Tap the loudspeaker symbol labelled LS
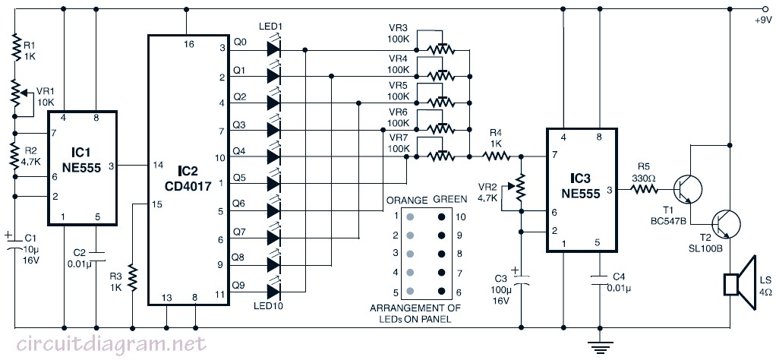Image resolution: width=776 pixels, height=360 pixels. point(739,284)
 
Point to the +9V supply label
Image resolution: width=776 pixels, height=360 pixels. point(762,21)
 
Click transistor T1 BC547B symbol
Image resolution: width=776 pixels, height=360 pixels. point(688,188)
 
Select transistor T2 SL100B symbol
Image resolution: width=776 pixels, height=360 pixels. point(726,224)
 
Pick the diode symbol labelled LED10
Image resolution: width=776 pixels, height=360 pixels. point(273,291)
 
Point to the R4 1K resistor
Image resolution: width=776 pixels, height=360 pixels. point(497,157)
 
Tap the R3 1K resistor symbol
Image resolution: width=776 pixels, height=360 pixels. point(133,278)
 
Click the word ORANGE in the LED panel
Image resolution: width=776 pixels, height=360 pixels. point(407,200)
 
